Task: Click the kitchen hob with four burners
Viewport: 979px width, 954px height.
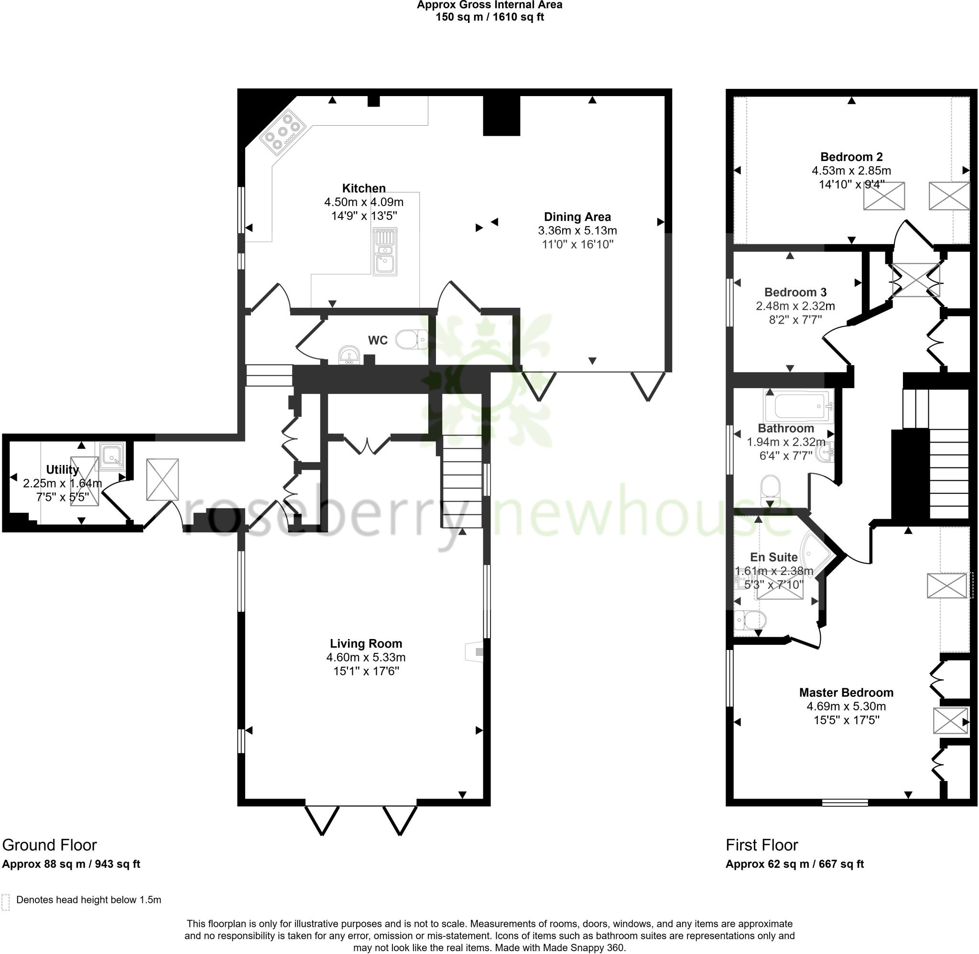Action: pos(283,133)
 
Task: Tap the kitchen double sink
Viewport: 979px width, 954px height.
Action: pos(385,251)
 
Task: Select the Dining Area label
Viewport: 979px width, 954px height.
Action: pos(577,217)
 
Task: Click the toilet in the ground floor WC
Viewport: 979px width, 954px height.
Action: pos(412,340)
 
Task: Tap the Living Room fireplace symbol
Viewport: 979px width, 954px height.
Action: pos(476,652)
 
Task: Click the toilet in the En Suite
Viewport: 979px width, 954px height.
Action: pos(750,620)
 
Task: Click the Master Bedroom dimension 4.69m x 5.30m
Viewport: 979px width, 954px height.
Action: pos(846,706)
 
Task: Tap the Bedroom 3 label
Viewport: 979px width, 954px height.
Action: pos(795,292)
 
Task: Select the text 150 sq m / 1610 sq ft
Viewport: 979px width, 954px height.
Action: pos(489,18)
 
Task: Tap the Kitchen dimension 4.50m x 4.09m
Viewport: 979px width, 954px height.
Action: pos(364,203)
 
